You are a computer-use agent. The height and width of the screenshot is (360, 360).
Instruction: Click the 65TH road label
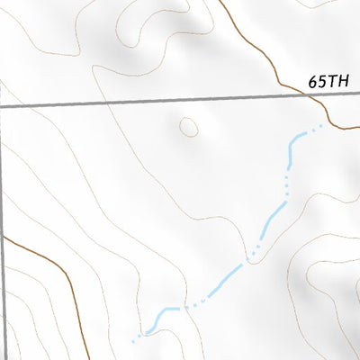[328, 80]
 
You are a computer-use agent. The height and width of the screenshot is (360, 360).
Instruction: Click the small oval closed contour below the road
[189, 127]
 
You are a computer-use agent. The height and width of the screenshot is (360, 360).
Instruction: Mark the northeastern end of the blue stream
[320, 127]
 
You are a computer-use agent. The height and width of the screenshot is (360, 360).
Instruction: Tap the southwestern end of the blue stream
[134, 341]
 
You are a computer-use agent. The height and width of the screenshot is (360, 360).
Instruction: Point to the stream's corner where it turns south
[293, 139]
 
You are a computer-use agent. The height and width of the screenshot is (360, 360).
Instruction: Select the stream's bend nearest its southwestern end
[162, 311]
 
